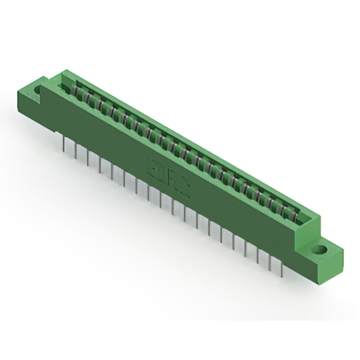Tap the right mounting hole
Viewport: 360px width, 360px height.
tap(319, 249)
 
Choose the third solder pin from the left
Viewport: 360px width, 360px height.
tap(88, 157)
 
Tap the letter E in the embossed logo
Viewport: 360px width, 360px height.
tap(152, 168)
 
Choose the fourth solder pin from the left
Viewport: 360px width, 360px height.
tap(100, 164)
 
